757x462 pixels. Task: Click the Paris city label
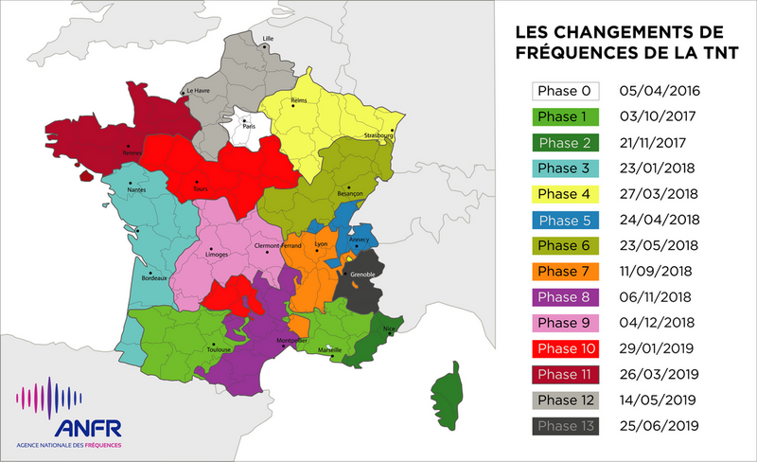249,126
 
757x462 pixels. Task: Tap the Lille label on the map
268,39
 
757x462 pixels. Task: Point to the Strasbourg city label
377,136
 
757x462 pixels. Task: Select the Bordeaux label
155,278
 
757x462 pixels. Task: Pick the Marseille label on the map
330,349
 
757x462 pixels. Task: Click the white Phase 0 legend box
566,92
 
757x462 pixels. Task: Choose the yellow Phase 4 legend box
566,195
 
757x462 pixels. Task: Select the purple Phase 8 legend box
566,297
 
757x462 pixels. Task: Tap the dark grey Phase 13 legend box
566,426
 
